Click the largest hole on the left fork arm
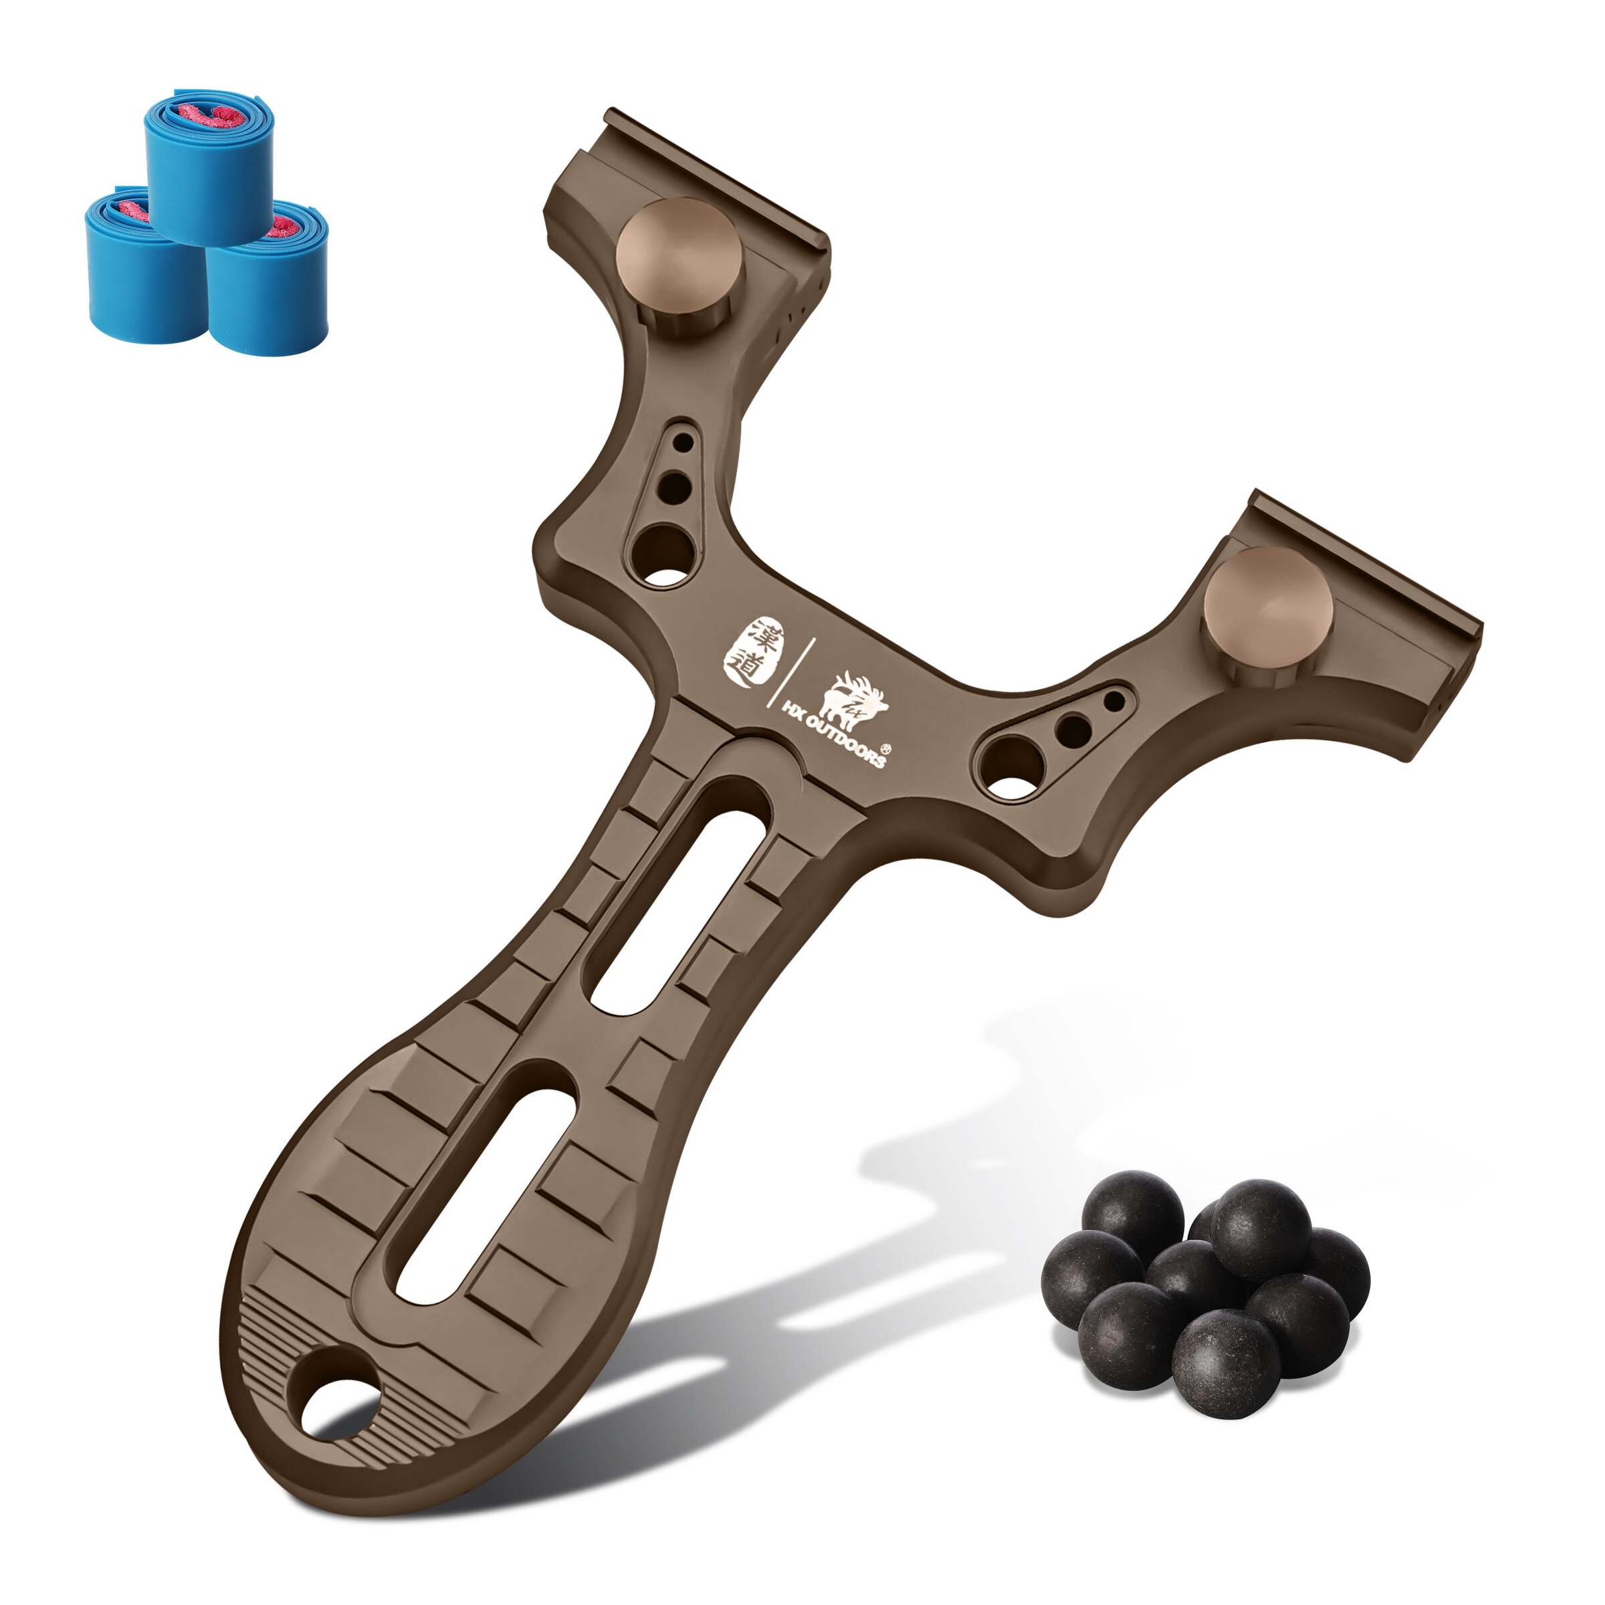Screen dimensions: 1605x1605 coord(663,555)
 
